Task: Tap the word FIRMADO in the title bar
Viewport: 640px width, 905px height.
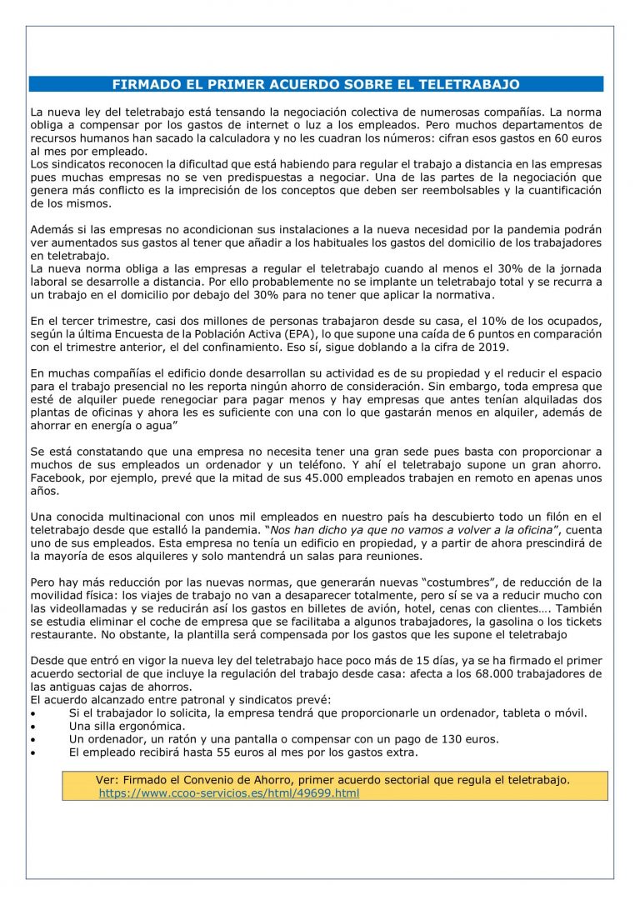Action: [143, 84]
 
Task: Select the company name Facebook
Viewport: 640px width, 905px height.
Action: [56, 478]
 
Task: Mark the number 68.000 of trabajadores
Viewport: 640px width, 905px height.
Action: [466, 673]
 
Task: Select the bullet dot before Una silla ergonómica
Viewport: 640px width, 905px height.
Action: [33, 727]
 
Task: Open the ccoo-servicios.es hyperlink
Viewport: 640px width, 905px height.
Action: [228, 793]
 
